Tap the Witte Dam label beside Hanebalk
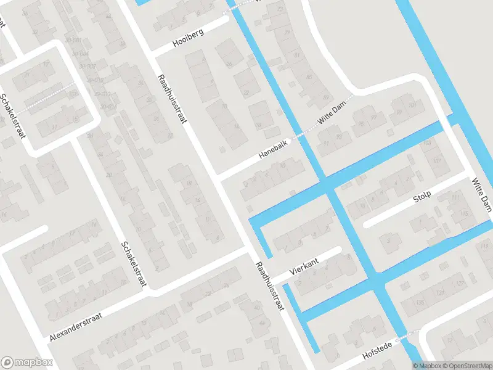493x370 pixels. [x=333, y=115]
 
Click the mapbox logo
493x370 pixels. [x=27, y=363]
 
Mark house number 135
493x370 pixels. [x=420, y=303]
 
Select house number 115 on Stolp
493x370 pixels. [x=463, y=213]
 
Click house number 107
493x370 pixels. [x=437, y=161]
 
